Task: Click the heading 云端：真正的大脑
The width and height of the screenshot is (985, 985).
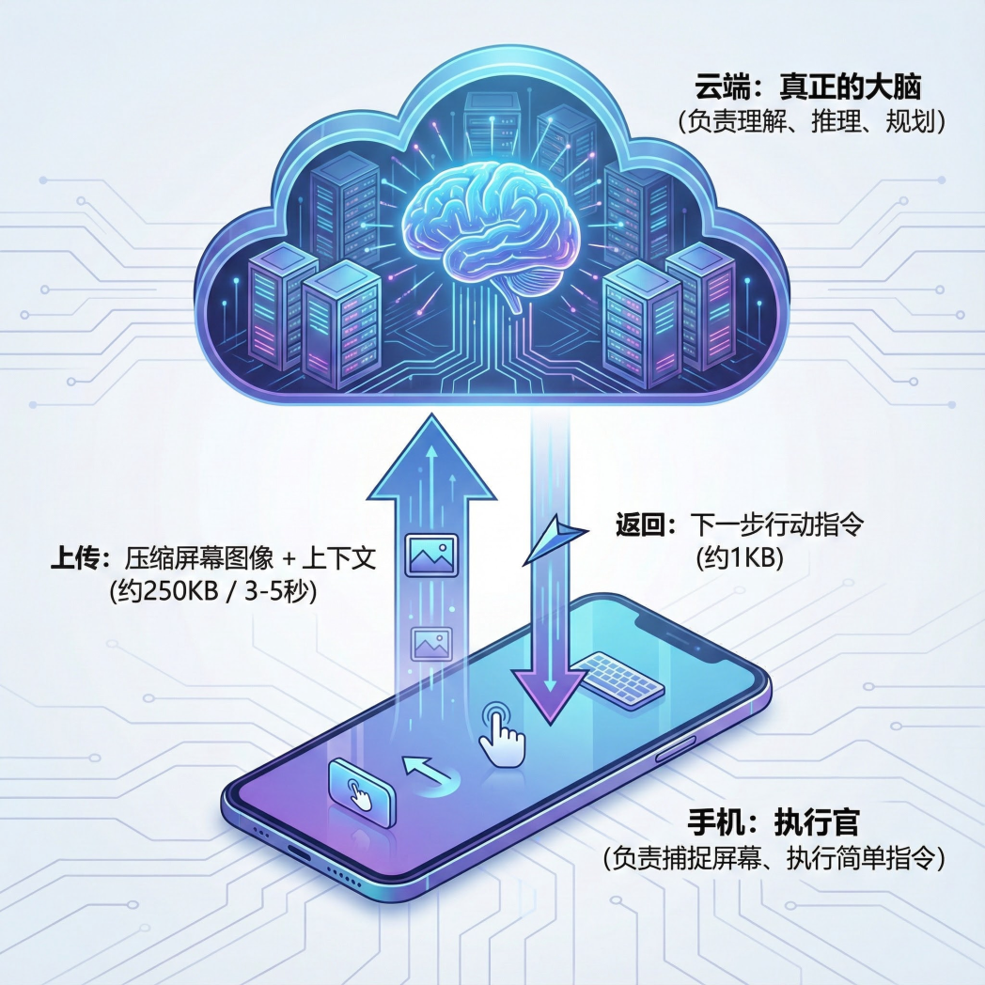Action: click(807, 89)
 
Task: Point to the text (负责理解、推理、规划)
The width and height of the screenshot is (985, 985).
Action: click(809, 121)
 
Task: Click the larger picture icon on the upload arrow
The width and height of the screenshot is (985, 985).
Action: click(430, 555)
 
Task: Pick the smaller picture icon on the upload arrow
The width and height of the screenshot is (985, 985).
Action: click(430, 644)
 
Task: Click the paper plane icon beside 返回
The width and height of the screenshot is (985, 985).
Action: click(555, 542)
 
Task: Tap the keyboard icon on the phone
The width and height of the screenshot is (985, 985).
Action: click(621, 679)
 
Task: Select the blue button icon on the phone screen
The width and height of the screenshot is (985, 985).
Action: click(361, 791)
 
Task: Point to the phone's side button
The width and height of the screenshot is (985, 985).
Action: click(675, 753)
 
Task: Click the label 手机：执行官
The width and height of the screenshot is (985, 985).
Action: click(775, 823)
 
